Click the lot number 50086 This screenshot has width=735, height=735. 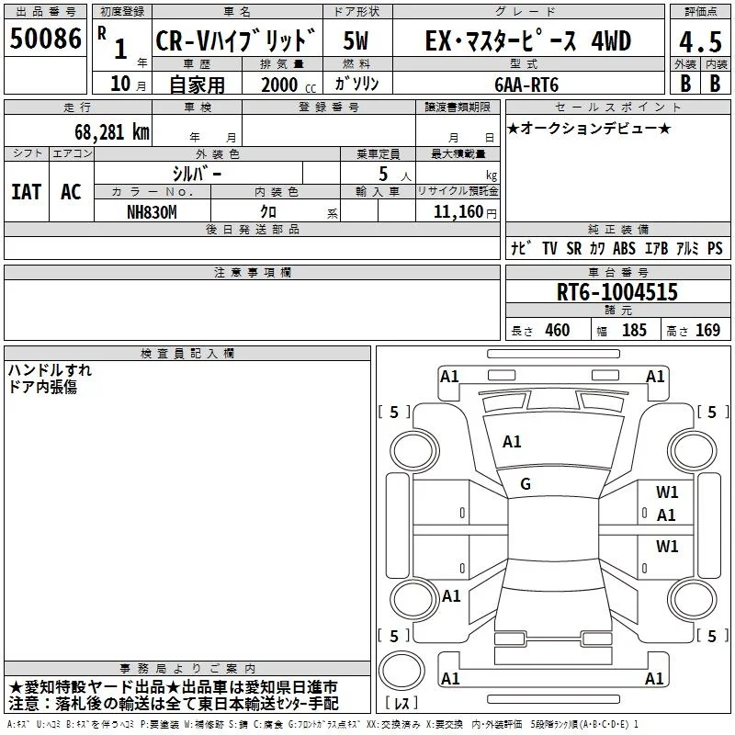click(45, 38)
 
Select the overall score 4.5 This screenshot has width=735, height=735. click(700, 41)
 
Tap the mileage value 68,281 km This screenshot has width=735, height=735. click(112, 131)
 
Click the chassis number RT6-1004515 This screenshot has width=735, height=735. click(616, 291)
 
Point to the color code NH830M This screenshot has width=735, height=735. click(152, 212)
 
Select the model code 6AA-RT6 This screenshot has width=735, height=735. click(526, 85)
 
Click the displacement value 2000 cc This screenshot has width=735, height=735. click(288, 85)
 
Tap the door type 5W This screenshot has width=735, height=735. click(356, 40)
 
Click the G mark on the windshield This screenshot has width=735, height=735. click(526, 484)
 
